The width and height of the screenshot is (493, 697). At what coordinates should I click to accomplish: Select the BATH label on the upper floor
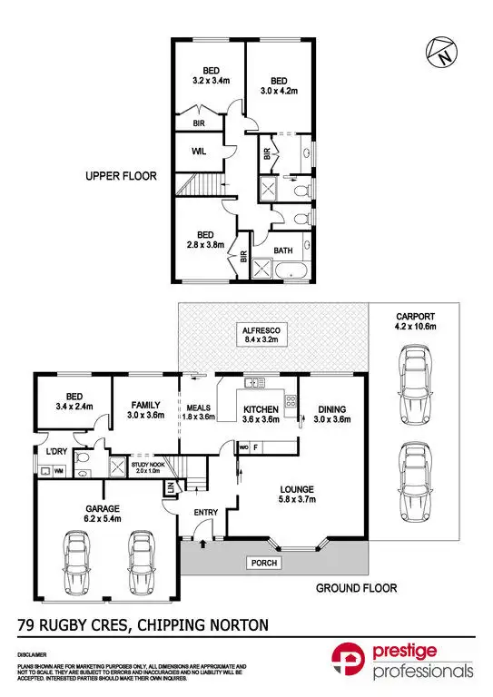tap(283, 250)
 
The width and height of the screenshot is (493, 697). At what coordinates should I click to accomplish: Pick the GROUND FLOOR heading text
tap(356, 588)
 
